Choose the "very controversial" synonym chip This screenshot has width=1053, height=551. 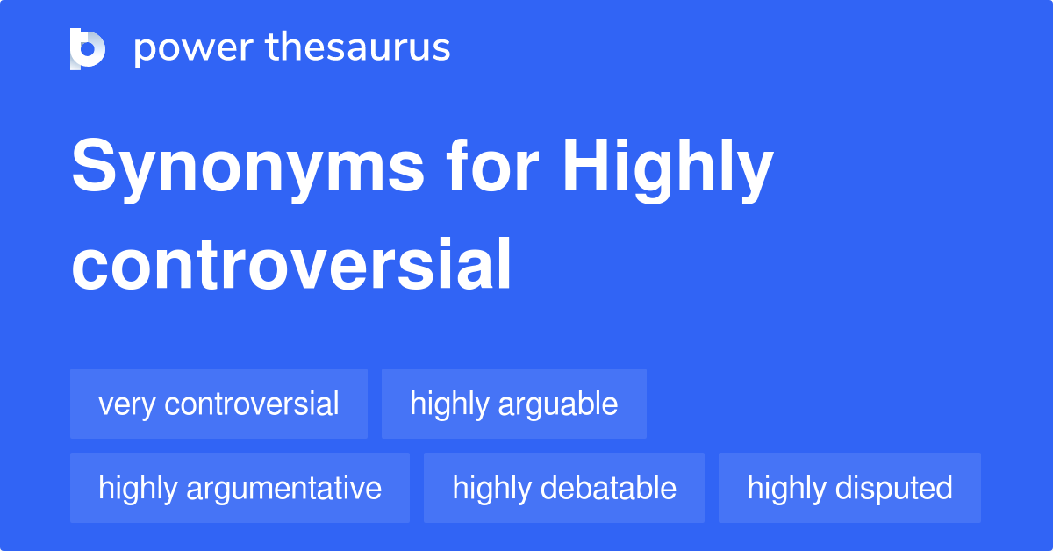coord(218,404)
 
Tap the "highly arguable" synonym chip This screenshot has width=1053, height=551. coord(513,404)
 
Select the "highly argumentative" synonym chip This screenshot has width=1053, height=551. coord(240,488)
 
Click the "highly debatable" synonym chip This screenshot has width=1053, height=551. coord(563,488)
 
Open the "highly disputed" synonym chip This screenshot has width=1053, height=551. coord(849,488)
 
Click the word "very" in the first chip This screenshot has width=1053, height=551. coord(127,405)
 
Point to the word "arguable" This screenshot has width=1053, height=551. coord(558,405)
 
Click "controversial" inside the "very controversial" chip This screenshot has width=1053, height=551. coord(251,404)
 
